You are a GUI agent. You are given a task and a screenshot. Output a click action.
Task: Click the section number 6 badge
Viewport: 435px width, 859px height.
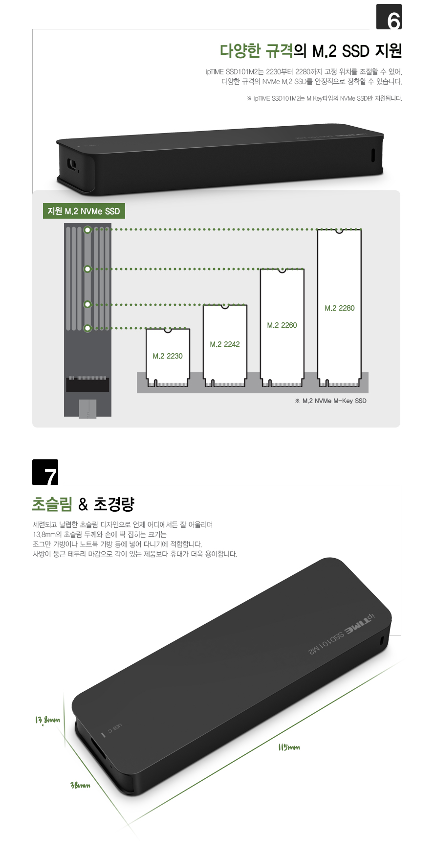click(389, 17)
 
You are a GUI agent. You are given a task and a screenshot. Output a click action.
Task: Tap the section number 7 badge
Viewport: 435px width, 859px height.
click(45, 473)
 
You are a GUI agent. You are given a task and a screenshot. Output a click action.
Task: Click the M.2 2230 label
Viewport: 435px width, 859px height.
click(168, 356)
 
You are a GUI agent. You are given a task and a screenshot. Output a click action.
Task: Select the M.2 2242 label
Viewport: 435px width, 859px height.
click(225, 344)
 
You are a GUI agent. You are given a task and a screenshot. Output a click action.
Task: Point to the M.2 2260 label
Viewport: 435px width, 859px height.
click(282, 325)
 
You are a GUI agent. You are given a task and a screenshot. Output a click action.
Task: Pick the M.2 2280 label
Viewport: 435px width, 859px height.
click(340, 308)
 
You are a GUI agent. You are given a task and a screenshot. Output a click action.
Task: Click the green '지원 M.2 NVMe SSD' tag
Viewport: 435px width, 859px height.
click(84, 211)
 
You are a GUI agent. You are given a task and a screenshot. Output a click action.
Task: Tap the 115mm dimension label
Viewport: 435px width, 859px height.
click(289, 747)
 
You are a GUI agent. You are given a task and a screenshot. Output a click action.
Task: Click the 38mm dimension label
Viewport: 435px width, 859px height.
click(81, 785)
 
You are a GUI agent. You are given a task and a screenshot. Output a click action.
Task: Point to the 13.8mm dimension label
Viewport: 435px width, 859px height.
click(47, 720)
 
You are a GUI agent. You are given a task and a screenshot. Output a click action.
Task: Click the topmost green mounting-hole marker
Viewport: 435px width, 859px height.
click(87, 229)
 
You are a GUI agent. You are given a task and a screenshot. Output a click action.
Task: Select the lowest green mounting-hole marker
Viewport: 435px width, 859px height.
click(87, 328)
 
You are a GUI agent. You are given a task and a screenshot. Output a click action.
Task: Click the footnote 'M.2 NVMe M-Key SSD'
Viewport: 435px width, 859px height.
click(331, 401)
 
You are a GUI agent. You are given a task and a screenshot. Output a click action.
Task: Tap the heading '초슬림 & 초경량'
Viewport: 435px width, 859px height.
click(83, 504)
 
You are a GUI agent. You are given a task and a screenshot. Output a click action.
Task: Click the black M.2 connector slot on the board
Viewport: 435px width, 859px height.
click(87, 384)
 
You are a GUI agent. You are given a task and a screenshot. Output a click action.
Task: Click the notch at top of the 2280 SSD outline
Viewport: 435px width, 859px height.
click(339, 230)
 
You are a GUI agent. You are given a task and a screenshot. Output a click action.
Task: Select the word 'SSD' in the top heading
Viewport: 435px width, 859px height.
click(355, 51)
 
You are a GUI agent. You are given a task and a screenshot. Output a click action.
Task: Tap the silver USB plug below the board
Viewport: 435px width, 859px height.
click(87, 408)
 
